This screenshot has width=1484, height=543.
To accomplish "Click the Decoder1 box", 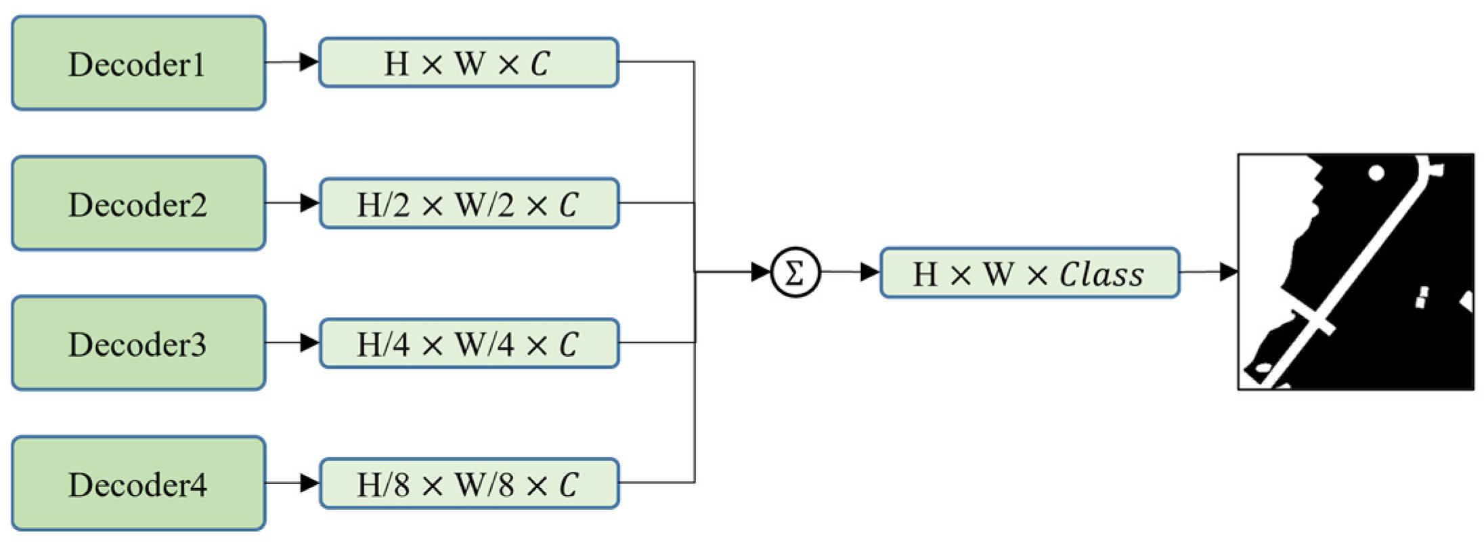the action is click(139, 63).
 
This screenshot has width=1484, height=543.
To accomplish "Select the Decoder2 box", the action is click(139, 203).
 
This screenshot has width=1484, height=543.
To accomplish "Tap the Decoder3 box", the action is click(139, 343).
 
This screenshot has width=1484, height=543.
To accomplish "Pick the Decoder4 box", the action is click(139, 483).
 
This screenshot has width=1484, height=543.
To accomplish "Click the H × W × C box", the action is click(469, 62).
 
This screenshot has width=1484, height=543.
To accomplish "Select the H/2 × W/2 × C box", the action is click(469, 203).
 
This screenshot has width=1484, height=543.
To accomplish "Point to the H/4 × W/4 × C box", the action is click(469, 343).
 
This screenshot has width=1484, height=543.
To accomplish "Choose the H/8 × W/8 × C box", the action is click(469, 483).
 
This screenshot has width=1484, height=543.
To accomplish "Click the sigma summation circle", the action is click(795, 272).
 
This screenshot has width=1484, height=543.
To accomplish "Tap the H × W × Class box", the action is click(1030, 272).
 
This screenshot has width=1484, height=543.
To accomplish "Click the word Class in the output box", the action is click(1101, 274).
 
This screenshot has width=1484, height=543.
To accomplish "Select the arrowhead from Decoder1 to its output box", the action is click(309, 62).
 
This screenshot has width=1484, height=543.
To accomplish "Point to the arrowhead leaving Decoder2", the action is click(309, 202).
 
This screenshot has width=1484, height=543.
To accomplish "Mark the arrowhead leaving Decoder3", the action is click(309, 343).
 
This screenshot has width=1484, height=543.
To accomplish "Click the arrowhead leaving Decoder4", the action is click(309, 483).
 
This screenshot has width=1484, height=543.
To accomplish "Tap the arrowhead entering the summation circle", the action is click(762, 272).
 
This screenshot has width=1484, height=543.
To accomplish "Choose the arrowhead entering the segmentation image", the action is click(1229, 272).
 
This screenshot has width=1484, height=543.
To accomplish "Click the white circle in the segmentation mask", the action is click(1376, 173).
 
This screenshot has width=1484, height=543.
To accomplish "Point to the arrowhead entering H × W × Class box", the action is click(870, 272).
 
